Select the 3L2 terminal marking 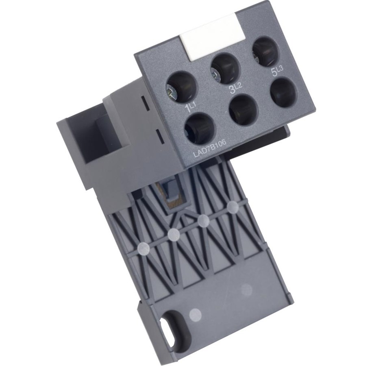tap(235, 89)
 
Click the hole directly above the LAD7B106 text tap(200, 129)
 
